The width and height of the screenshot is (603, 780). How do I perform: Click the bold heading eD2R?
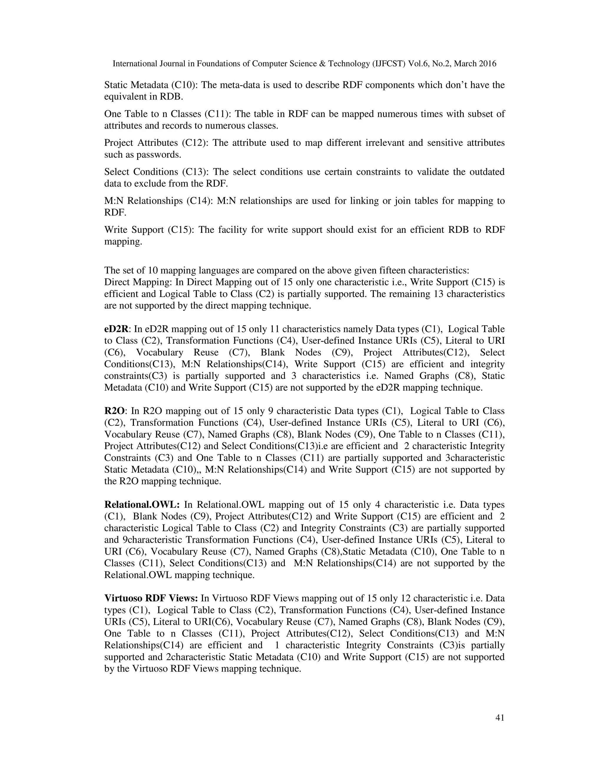tap(117, 329)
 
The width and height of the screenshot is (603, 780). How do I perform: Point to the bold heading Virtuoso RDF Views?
tap(151, 598)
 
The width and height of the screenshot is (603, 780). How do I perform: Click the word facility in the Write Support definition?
tap(234, 230)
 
